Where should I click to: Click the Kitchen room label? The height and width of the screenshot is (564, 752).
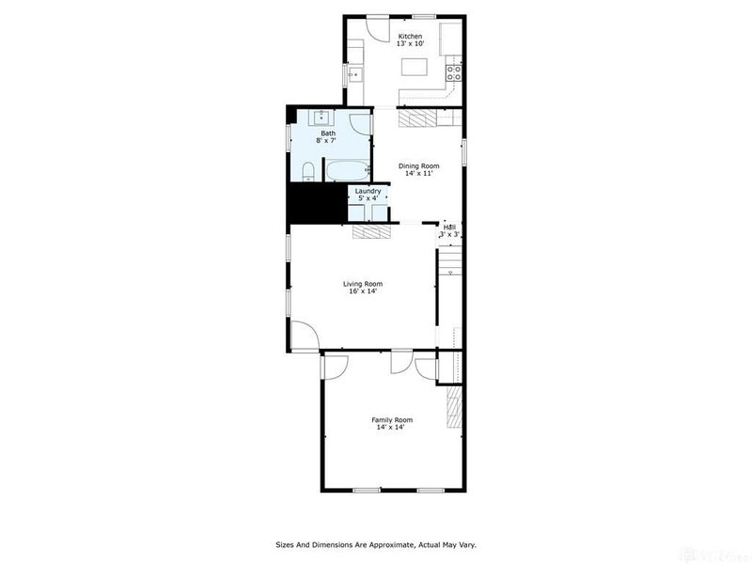(409, 37)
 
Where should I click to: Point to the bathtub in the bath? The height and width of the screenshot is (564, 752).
(347, 171)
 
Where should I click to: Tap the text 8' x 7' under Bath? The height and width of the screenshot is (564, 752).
(328, 141)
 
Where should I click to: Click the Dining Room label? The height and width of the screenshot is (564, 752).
(418, 166)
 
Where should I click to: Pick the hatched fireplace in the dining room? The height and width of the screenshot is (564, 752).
(418, 117)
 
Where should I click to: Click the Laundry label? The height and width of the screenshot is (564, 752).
(368, 191)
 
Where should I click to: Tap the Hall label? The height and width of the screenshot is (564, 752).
(449, 227)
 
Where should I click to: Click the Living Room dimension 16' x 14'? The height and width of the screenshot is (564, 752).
(362, 291)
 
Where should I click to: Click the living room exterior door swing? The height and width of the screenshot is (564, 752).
(303, 335)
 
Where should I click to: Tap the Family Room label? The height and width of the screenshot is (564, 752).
(392, 420)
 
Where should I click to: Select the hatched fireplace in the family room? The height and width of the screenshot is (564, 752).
(454, 407)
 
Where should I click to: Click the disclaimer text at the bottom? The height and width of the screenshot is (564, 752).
(376, 544)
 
